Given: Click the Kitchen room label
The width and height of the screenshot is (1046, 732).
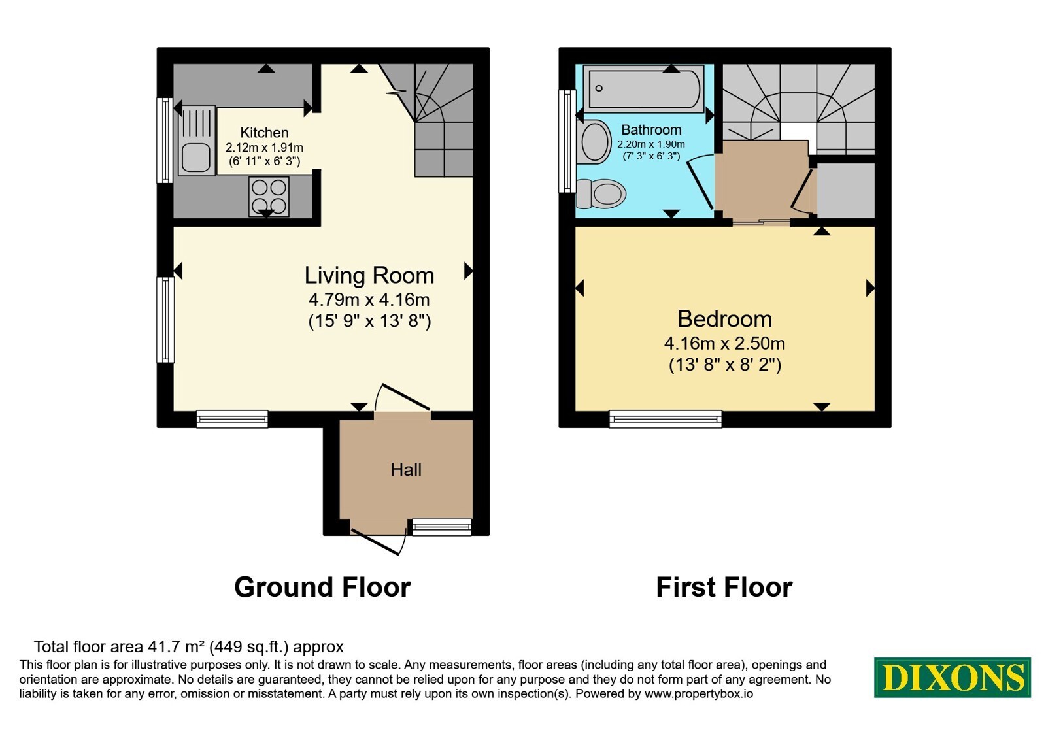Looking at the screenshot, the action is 264,133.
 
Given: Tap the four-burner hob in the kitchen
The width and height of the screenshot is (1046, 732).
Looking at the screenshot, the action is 269,197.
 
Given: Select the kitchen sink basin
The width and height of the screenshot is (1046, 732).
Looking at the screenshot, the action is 195,158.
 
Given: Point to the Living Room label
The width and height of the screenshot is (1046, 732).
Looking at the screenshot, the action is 369,275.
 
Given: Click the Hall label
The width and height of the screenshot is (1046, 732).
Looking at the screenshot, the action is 406,470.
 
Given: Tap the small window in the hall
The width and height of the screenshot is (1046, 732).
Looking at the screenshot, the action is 442,527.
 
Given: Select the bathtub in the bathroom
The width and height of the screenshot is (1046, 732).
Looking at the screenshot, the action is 644,89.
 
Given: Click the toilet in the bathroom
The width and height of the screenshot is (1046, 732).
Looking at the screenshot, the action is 601,193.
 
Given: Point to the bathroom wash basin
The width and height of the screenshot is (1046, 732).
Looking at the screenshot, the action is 594,142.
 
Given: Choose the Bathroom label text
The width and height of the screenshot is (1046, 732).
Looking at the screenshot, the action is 651,130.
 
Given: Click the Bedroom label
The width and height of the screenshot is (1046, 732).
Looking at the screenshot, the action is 725,320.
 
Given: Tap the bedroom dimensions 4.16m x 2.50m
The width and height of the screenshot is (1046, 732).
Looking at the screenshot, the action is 725,344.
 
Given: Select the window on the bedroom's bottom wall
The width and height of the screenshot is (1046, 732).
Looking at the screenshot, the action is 666,419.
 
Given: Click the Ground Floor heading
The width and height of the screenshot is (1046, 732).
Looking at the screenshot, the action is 323,588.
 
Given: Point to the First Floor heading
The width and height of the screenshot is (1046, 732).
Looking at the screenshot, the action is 724,588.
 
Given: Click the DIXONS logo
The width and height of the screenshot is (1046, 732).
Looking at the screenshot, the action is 952,678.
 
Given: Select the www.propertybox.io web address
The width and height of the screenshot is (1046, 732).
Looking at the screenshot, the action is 699,693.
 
